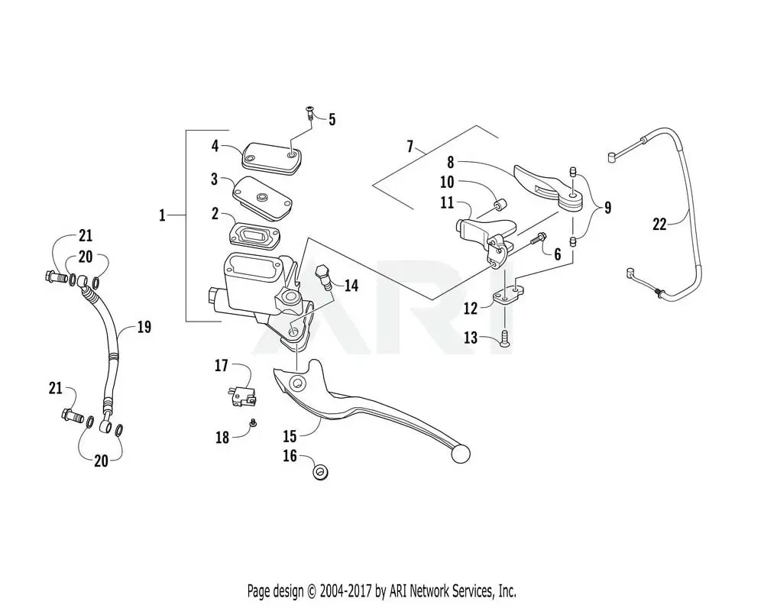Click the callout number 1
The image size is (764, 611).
[162, 216]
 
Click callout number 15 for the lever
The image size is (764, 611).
[290, 437]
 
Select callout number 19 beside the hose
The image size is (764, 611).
[144, 328]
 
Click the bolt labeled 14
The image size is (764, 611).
[325, 276]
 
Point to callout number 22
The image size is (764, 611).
[659, 225]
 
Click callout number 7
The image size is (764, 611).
[410, 145]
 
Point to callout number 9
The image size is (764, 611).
[607, 208]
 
